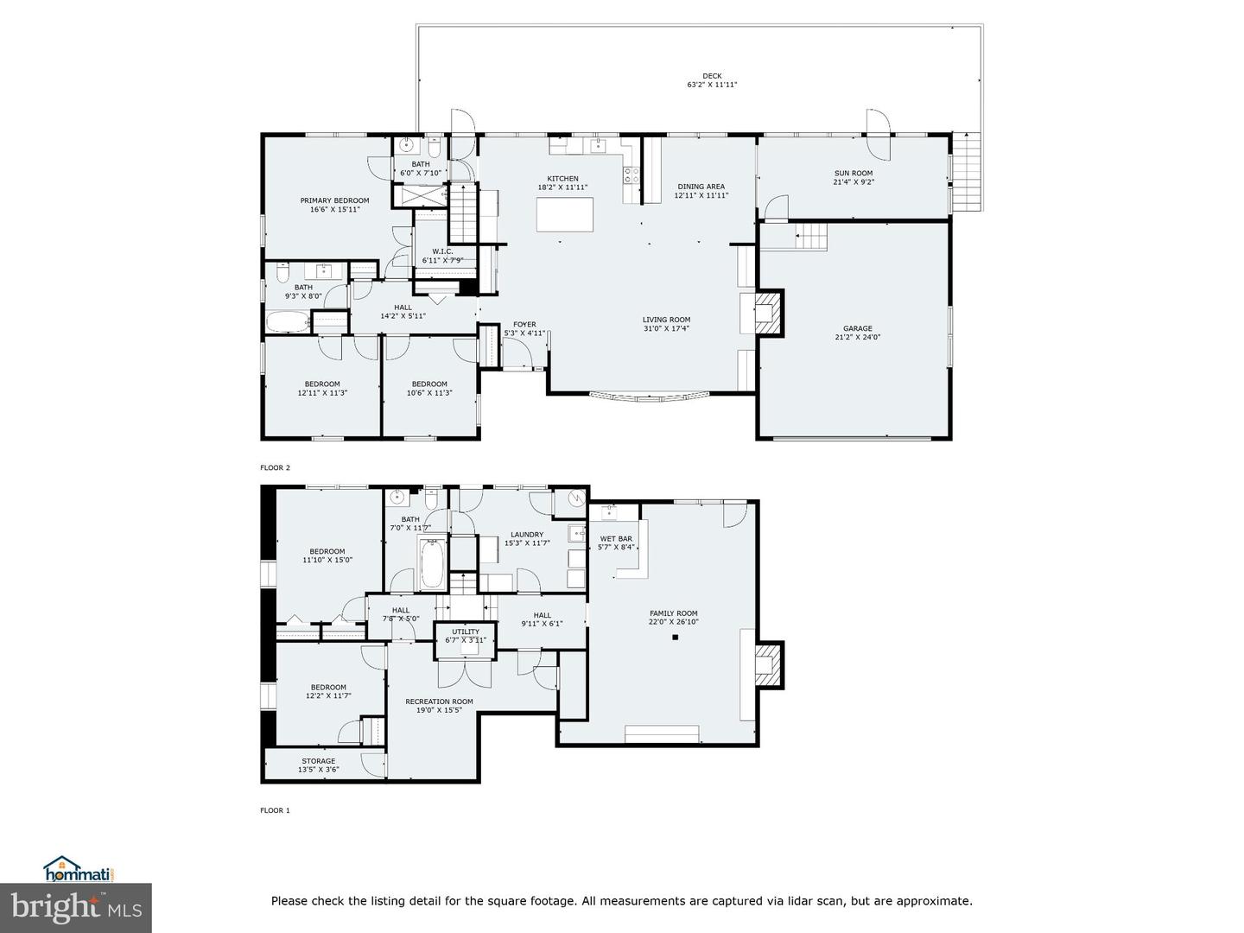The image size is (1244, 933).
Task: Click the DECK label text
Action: (712, 76)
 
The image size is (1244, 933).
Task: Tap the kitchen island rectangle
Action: (565, 214)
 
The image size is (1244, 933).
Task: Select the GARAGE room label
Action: (857, 328)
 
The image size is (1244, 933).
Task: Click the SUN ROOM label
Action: (853, 174)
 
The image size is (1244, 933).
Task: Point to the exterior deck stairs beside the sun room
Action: (967, 173)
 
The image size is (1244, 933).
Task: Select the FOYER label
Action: (524, 325)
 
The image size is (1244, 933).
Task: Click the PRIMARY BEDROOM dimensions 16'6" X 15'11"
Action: (334, 210)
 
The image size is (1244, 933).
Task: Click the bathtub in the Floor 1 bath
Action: (432, 563)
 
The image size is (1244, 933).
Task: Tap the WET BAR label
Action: (616, 539)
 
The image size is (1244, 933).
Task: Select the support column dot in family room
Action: (676, 638)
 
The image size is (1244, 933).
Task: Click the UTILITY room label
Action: (466, 632)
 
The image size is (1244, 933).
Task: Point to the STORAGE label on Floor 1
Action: (318, 761)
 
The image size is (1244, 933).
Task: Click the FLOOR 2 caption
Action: (276, 467)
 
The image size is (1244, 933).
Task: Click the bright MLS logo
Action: (75, 907)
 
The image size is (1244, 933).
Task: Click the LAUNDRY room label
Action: (527, 535)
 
